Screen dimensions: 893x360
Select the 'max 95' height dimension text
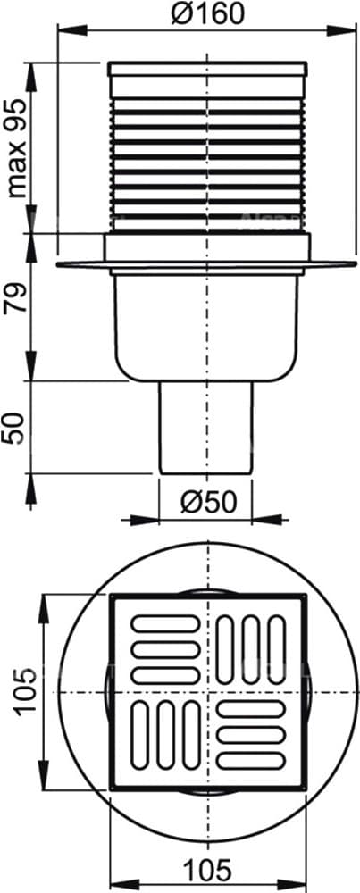click(15, 147)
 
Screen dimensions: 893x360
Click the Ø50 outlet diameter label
click(205, 501)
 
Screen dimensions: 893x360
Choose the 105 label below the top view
click(206, 867)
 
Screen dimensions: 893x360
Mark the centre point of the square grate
click(207, 693)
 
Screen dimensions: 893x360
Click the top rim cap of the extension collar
click(207, 68)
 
